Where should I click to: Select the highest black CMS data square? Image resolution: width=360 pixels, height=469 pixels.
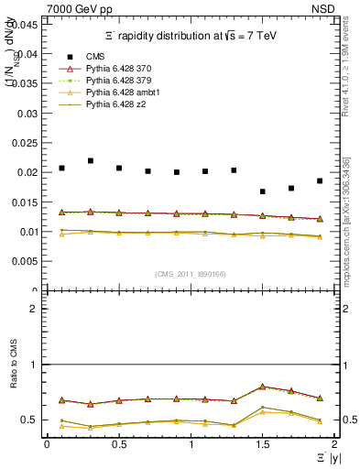point(91,160)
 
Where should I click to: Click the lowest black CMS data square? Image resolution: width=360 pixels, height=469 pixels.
point(263,191)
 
